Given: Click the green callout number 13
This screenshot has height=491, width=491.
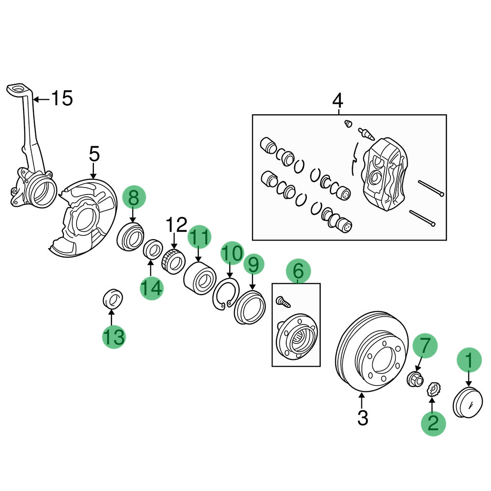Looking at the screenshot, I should click(x=114, y=337).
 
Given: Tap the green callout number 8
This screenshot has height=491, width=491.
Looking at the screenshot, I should click(x=134, y=198).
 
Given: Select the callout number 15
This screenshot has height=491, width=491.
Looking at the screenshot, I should click(x=62, y=99).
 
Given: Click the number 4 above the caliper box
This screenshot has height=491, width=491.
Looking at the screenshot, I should click(x=338, y=101).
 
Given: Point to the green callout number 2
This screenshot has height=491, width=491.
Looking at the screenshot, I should click(x=433, y=422).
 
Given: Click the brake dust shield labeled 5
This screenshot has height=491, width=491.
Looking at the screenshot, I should click(x=83, y=218).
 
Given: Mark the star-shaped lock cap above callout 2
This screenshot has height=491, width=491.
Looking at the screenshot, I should click(x=433, y=390).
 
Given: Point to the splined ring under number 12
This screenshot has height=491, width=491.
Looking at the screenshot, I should click(x=173, y=260).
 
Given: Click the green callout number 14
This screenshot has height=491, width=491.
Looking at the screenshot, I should click(x=152, y=288).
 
